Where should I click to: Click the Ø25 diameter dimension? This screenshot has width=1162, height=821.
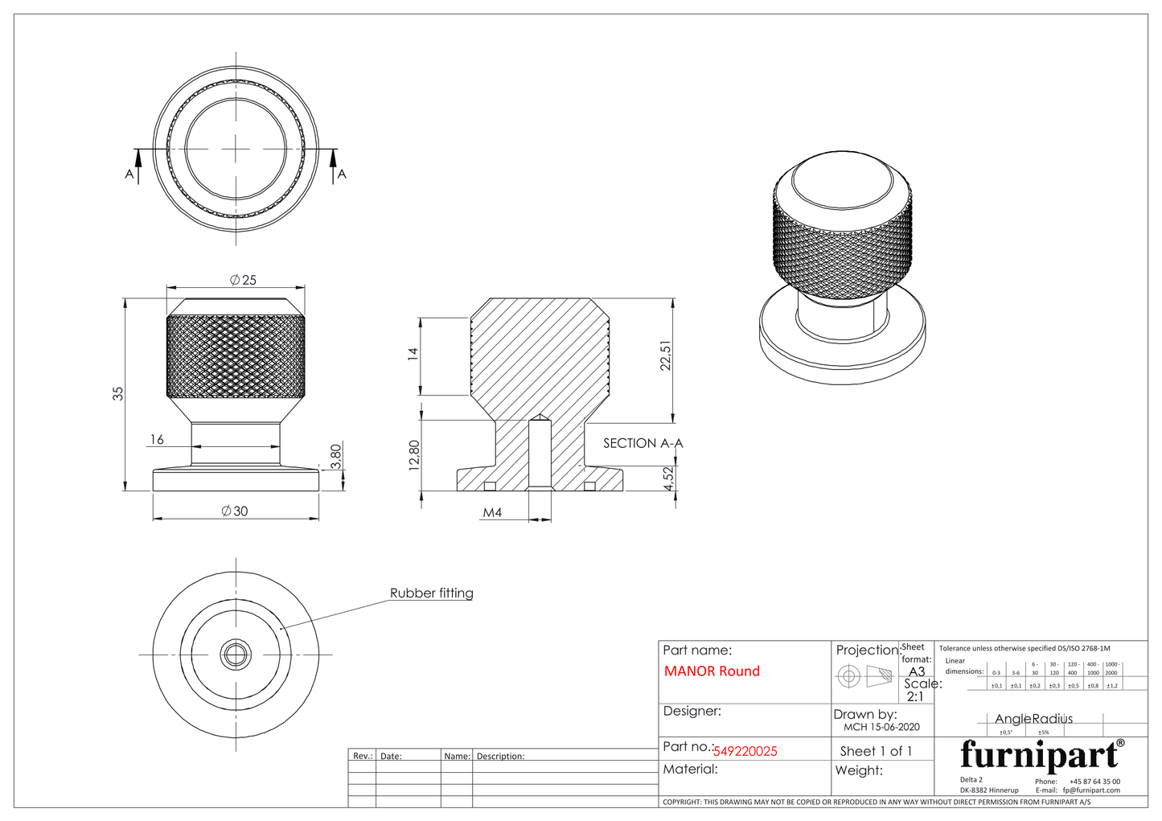pyautogui.click(x=243, y=280)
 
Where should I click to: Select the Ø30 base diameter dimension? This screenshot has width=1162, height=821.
pyautogui.click(x=235, y=511)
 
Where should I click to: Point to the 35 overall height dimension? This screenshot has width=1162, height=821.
pyautogui.click(x=118, y=394)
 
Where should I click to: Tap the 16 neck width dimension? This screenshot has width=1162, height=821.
pyautogui.click(x=157, y=439)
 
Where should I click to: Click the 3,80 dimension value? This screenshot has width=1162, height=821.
pyautogui.click(x=336, y=456)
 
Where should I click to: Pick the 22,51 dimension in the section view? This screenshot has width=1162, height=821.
pyautogui.click(x=665, y=355)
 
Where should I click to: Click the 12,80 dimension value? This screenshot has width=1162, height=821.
pyautogui.click(x=414, y=455)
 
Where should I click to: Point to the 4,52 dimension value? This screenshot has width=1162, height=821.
pyautogui.click(x=668, y=480)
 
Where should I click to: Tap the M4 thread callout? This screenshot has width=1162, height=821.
pyautogui.click(x=492, y=512)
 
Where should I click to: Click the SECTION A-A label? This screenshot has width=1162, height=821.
pyautogui.click(x=643, y=443)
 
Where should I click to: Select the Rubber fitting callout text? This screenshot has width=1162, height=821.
pyautogui.click(x=432, y=593)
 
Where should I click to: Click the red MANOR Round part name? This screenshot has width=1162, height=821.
pyautogui.click(x=712, y=671)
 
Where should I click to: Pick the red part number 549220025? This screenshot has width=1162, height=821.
pyautogui.click(x=745, y=751)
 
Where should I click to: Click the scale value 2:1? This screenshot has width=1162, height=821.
pyautogui.click(x=915, y=697)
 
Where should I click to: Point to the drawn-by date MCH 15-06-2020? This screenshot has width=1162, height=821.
pyautogui.click(x=881, y=727)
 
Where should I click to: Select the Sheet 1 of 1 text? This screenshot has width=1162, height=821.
pyautogui.click(x=876, y=751)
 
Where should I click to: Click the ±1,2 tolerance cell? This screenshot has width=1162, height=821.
pyautogui.click(x=1112, y=686)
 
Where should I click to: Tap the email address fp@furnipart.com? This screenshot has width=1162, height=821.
pyautogui.click(x=1091, y=790)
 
